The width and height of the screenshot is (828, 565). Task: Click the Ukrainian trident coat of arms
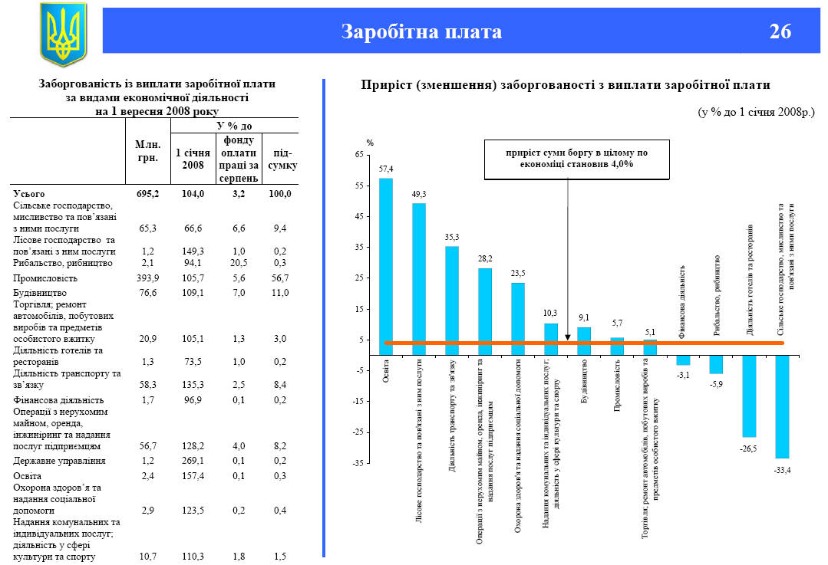coord(63,33)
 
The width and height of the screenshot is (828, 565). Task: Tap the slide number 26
coord(780,31)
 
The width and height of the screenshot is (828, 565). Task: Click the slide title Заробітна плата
coord(421,31)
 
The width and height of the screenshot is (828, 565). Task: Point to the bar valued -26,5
coord(749,396)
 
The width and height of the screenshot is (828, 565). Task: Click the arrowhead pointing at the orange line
coord(567,337)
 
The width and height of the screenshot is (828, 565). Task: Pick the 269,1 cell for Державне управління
coord(192,461)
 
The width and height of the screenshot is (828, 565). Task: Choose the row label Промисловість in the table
coord(44,278)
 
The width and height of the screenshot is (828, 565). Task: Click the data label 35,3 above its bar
coord(452,238)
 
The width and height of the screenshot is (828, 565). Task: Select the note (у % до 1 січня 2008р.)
coord(755,112)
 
